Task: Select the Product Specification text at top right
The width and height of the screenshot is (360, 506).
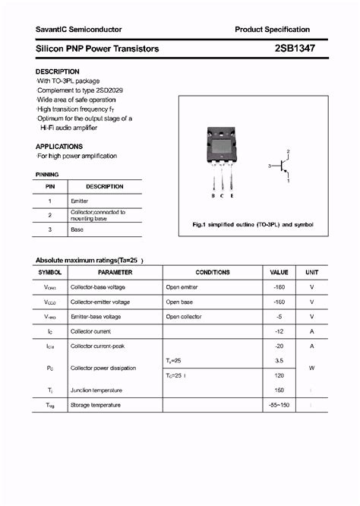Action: click(273, 30)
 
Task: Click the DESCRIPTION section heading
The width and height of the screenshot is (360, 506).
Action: click(58, 71)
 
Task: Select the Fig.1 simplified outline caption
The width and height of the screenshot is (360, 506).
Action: click(253, 225)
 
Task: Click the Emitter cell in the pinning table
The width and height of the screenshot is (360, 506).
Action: click(80, 201)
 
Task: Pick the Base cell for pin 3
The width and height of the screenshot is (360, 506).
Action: click(78, 229)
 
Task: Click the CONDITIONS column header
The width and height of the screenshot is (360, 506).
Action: click(212, 272)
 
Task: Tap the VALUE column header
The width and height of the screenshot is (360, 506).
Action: click(279, 272)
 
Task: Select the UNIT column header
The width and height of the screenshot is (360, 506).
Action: click(311, 272)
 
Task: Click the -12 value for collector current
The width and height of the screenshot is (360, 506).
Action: click(279, 331)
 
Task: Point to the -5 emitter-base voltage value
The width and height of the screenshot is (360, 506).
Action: click(279, 316)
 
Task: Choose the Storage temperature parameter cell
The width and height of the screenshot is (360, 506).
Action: click(96, 405)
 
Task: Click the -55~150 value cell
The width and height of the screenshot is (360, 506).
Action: click(279, 405)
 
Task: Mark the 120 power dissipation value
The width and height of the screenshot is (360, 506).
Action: click(279, 375)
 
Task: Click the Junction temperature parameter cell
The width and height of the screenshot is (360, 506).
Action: click(97, 391)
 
